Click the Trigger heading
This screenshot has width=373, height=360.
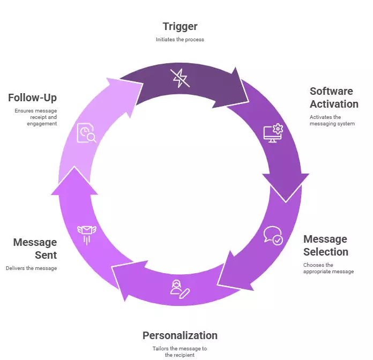[180, 26]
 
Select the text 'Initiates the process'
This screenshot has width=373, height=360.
[180, 40]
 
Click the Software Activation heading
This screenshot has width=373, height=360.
[333, 97]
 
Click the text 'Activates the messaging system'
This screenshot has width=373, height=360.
[332, 121]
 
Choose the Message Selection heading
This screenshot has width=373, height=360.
[325, 245]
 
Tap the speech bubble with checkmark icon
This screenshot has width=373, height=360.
[272, 236]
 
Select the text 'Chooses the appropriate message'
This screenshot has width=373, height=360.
[328, 268]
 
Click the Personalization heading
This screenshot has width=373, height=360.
[180, 335]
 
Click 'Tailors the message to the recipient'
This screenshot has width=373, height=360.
[180, 351]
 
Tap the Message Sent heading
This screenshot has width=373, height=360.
[35, 249]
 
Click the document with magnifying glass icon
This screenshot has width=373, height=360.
[86, 133]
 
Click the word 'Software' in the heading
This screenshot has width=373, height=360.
[331, 91]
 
